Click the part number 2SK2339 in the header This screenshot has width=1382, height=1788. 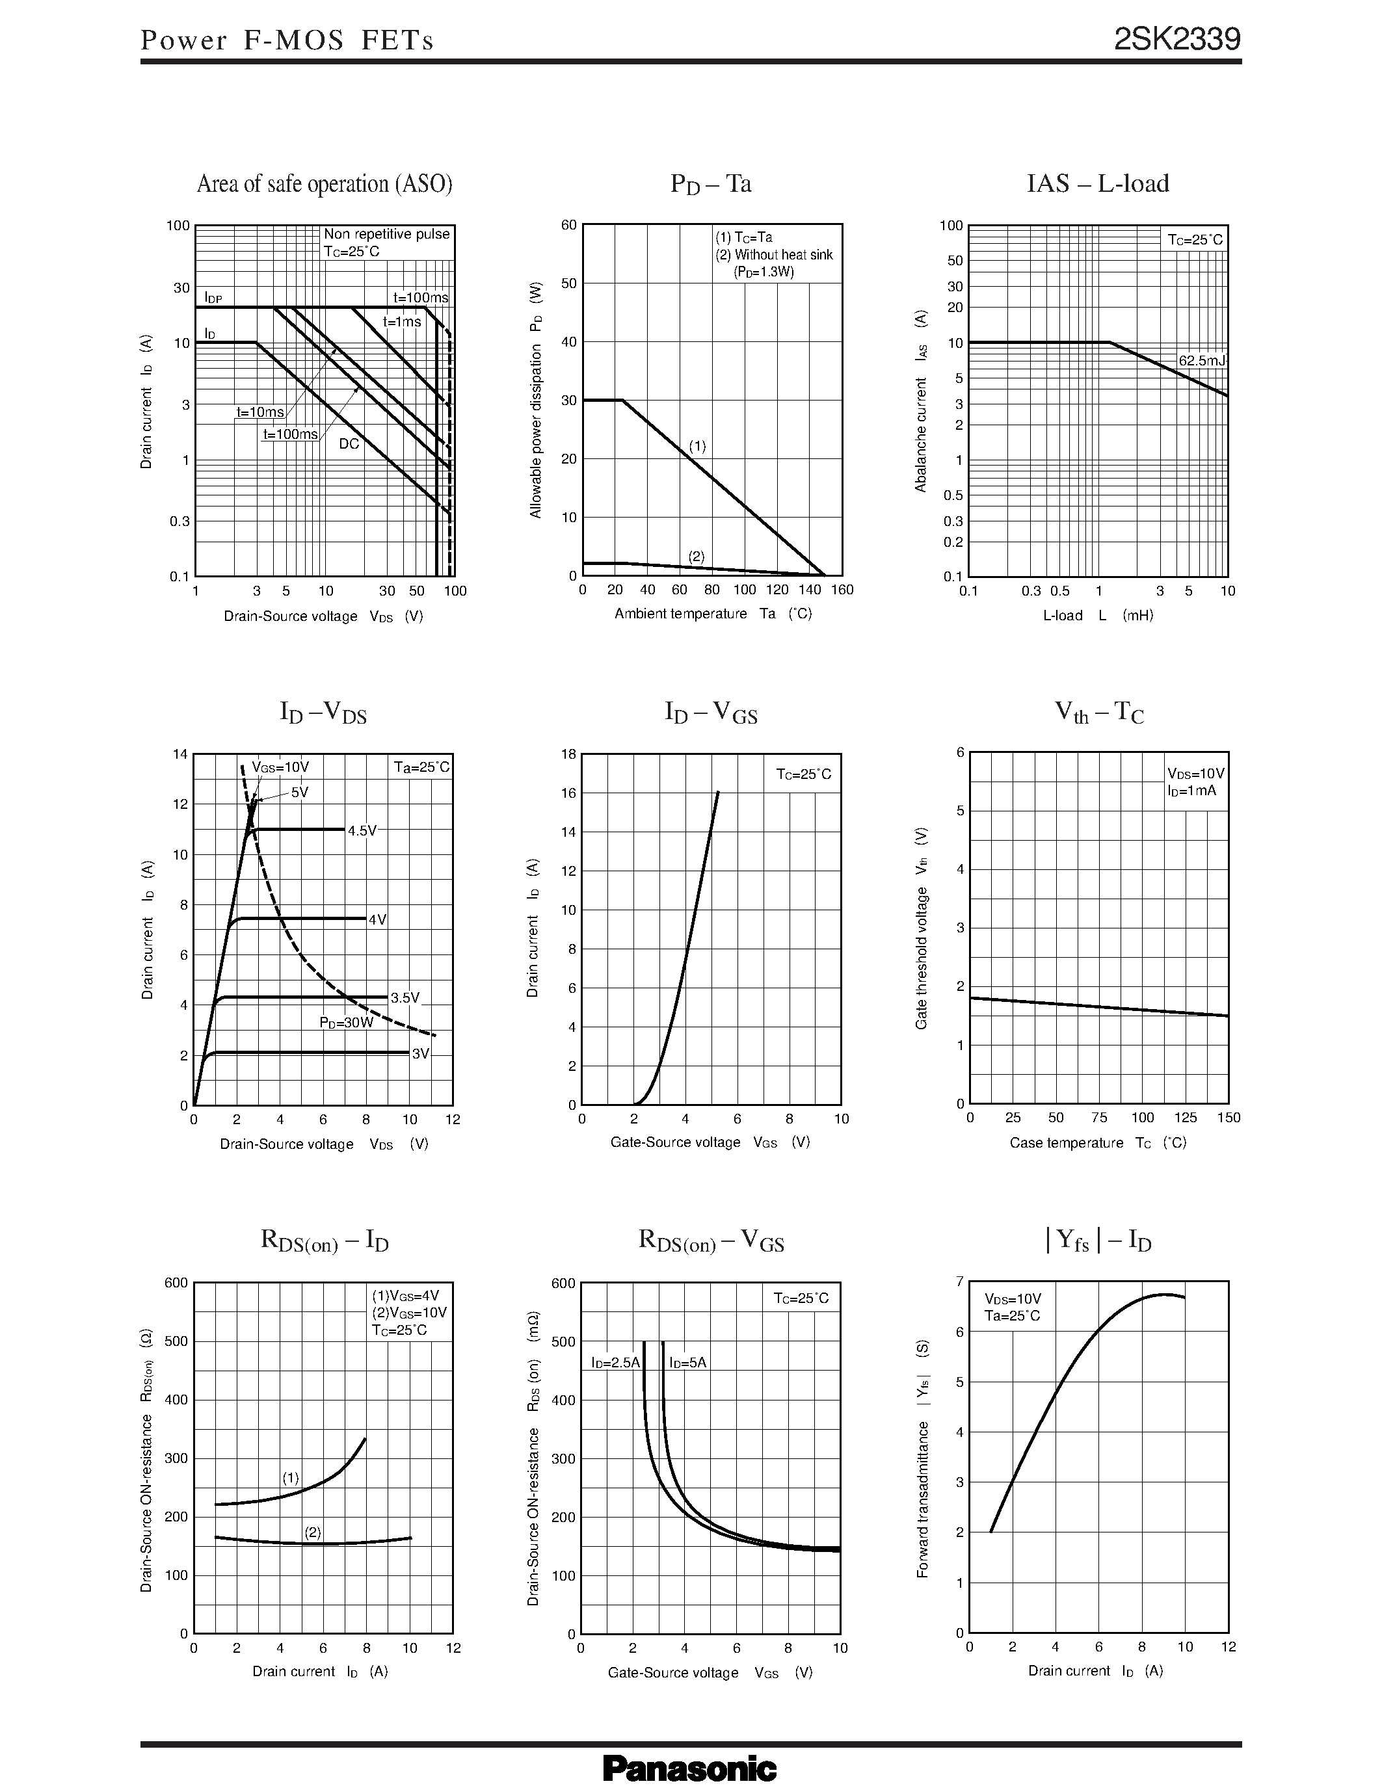pos(1176,39)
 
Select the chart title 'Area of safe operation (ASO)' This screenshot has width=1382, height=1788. pos(325,184)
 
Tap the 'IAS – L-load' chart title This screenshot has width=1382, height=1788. pos(1098,183)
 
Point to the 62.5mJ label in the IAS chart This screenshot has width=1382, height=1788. pos(1201,360)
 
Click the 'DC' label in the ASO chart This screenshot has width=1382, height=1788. pos(349,443)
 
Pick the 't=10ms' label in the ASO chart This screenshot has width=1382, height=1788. pos(260,412)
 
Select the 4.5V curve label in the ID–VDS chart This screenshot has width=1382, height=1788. pos(362,831)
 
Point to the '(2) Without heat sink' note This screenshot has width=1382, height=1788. pos(774,255)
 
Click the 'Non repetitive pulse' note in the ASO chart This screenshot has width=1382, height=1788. pos(386,234)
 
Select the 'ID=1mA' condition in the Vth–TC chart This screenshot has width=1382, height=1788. pos(1192,791)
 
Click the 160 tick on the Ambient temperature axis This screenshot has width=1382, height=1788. pos(842,590)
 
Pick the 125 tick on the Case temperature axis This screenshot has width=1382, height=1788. pos(1186,1118)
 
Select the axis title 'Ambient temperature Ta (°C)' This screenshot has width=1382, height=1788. pos(712,614)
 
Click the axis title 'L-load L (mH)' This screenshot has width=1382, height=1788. pos(1098,615)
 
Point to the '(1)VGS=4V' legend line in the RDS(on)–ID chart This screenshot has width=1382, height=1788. pos(406,1296)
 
